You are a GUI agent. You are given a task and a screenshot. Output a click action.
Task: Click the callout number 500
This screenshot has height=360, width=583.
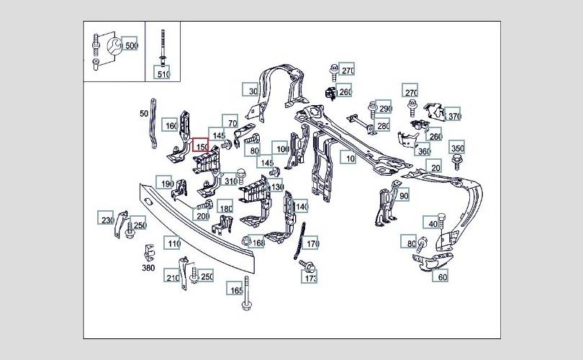coord(130,45)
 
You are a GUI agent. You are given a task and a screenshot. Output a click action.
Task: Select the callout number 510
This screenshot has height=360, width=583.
coord(163,73)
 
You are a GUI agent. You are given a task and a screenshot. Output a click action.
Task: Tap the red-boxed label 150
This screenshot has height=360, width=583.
coord(201,147)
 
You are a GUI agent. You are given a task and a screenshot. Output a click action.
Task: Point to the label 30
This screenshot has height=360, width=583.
coord(252,91)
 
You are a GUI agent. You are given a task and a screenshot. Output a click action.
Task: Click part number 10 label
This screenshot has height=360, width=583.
coord(350,158)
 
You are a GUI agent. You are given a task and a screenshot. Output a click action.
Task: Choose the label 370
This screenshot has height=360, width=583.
coord(453,116)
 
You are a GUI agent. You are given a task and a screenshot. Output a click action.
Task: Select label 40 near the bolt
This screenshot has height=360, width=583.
coord(432,224)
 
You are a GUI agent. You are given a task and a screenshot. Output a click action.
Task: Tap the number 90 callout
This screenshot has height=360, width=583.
coord(403,195)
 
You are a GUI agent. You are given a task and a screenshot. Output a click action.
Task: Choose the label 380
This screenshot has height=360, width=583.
coord(148,268)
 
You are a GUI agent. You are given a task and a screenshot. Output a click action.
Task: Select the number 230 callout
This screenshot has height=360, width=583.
coord(107,220)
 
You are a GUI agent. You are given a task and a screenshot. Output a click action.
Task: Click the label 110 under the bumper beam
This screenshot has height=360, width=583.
coord(173,244)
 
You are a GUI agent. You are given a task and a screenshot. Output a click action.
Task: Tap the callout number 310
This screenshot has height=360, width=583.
coord(230,181)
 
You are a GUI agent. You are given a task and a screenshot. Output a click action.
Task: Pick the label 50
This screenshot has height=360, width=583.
coord(144,113)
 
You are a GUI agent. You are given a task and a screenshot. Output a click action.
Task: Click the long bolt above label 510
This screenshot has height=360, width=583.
coord(163,43)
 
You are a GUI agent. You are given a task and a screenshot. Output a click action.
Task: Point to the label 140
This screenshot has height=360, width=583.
coord(302,207)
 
